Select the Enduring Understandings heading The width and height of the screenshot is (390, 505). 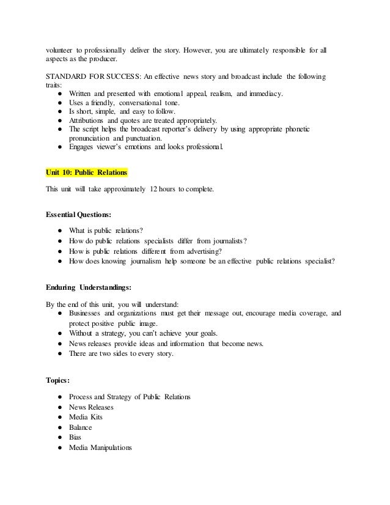(89, 288)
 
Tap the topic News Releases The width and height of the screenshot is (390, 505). (91, 408)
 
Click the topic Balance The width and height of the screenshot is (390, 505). (82, 428)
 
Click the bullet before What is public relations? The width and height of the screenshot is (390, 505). (56, 231)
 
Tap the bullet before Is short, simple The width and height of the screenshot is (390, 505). (56, 111)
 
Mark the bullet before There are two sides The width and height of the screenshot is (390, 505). (56, 354)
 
